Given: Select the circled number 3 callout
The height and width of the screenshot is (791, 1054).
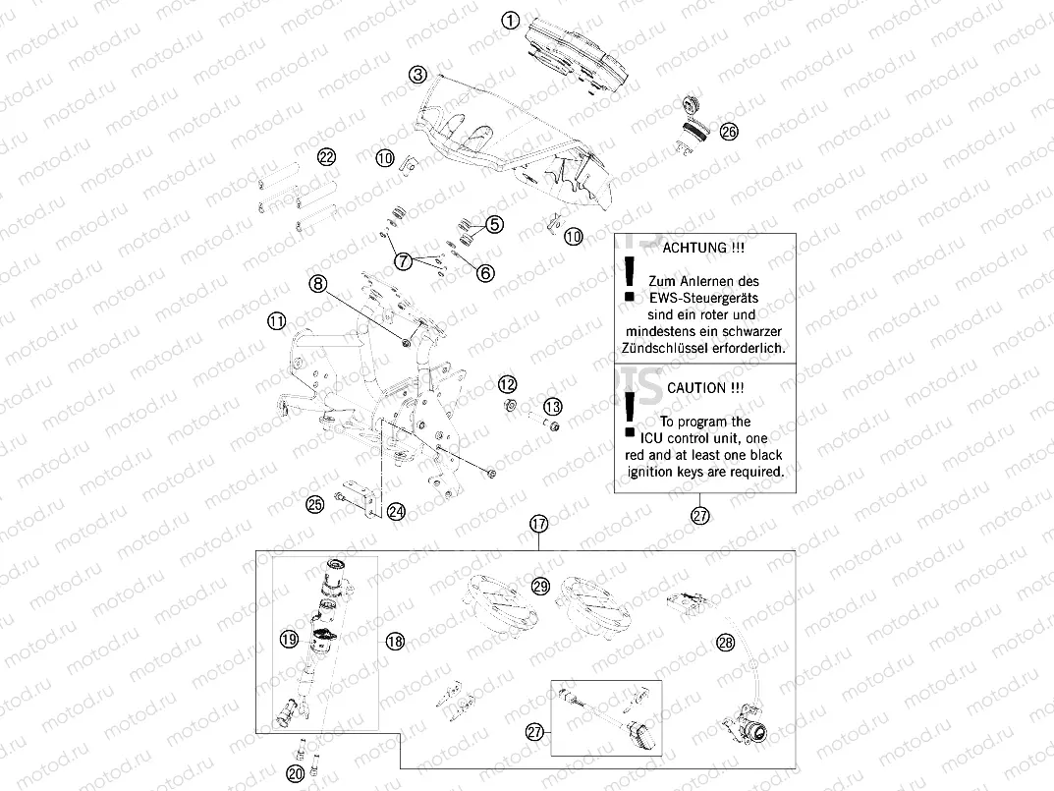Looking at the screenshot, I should pyautogui.click(x=418, y=75).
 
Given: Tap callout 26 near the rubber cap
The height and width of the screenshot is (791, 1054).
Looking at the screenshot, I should pyautogui.click(x=728, y=131).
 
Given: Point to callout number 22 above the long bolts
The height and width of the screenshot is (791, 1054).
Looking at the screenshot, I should pyautogui.click(x=326, y=157).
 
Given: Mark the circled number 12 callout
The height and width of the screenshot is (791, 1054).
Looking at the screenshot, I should pyautogui.click(x=507, y=383).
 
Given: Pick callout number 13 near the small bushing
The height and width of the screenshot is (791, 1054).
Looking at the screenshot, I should pyautogui.click(x=552, y=406).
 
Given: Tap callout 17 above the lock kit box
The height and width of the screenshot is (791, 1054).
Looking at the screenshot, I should pyautogui.click(x=538, y=524).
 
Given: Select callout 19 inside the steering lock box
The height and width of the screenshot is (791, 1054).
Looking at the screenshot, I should pyautogui.click(x=289, y=640).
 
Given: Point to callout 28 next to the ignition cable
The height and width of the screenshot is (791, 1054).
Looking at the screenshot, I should pyautogui.click(x=726, y=643).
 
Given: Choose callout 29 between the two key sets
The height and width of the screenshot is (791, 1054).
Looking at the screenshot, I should pyautogui.click(x=539, y=587).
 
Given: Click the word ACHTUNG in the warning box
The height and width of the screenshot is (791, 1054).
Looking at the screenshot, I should pyautogui.click(x=695, y=249).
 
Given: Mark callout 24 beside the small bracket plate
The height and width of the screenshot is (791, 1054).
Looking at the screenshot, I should pyautogui.click(x=396, y=511).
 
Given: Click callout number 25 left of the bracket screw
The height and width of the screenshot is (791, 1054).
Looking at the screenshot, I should pyautogui.click(x=314, y=505).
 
